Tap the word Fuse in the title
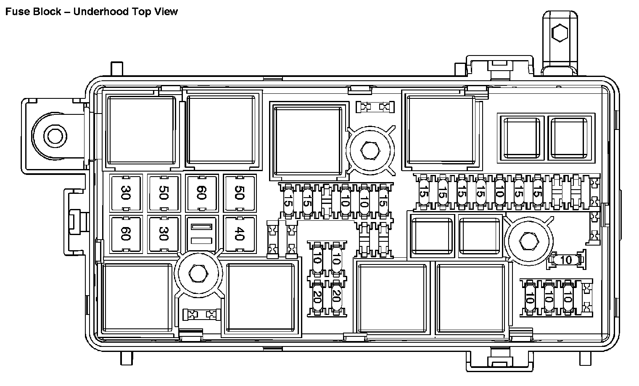point(15,11)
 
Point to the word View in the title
point(166,11)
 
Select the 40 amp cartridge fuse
point(239,234)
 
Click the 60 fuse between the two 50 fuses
point(202,193)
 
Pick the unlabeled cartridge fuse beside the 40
point(202,234)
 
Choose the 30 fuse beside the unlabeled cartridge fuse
point(164,234)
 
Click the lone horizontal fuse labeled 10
point(566,260)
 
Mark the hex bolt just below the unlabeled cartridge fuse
point(196,274)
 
